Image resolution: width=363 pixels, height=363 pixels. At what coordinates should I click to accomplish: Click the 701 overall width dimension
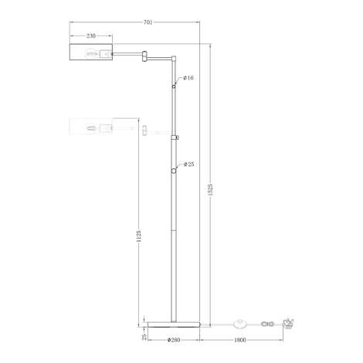(148, 22)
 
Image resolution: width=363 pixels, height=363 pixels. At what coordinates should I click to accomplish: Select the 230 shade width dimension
(91, 36)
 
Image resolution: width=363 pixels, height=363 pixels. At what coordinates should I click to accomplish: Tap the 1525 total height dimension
(210, 190)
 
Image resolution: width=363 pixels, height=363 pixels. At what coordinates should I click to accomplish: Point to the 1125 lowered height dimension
(139, 236)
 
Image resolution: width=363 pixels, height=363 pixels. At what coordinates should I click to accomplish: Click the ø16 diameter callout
(188, 78)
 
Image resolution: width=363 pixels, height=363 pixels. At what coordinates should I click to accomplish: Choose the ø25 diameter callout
(188, 165)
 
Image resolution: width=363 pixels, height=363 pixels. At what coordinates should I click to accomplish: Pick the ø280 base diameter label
(174, 340)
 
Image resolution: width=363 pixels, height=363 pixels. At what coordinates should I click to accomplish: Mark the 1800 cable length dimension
(240, 340)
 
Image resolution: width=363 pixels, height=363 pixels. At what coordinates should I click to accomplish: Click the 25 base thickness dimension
(144, 337)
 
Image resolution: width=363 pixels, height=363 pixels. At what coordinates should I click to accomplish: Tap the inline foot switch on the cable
(240, 324)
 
